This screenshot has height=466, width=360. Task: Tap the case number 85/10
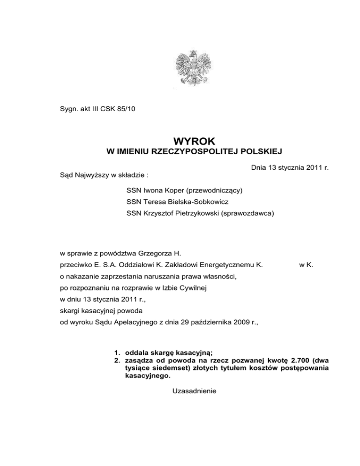tap(127, 111)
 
